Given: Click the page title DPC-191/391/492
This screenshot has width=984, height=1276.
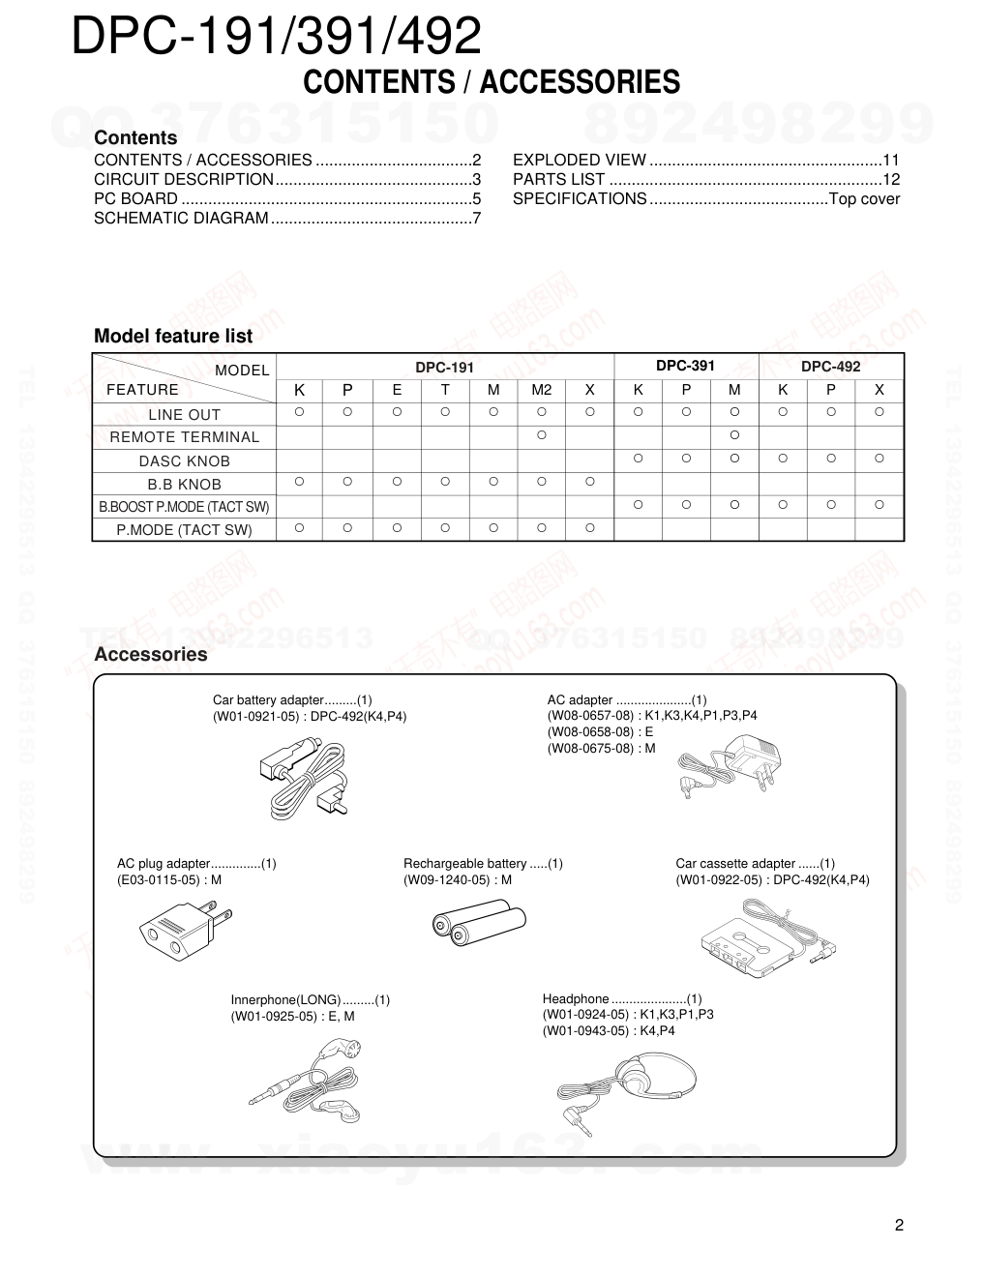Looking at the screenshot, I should (x=276, y=37).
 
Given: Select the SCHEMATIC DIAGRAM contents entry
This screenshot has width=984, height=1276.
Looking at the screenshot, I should (x=181, y=219).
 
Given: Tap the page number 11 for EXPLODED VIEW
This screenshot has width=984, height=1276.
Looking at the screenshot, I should (x=891, y=161).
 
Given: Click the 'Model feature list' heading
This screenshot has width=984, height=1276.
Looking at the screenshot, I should (x=172, y=337).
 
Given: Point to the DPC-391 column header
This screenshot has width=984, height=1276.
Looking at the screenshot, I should (x=685, y=366).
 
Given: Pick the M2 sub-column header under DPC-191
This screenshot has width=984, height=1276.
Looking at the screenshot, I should (x=541, y=390).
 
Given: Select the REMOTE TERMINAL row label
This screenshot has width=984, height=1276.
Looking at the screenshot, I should (x=184, y=437).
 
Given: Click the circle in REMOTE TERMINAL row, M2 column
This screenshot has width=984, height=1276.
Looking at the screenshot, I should (x=541, y=435).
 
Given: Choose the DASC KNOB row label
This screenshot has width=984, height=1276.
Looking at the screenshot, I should (x=184, y=461).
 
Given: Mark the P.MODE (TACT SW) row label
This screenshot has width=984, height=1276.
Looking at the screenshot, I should (x=184, y=530).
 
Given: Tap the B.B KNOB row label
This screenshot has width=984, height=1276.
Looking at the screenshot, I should (x=184, y=485).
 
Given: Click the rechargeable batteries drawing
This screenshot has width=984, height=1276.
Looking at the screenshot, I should (x=478, y=921).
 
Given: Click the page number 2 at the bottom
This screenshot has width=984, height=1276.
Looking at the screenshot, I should (x=899, y=1226).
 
